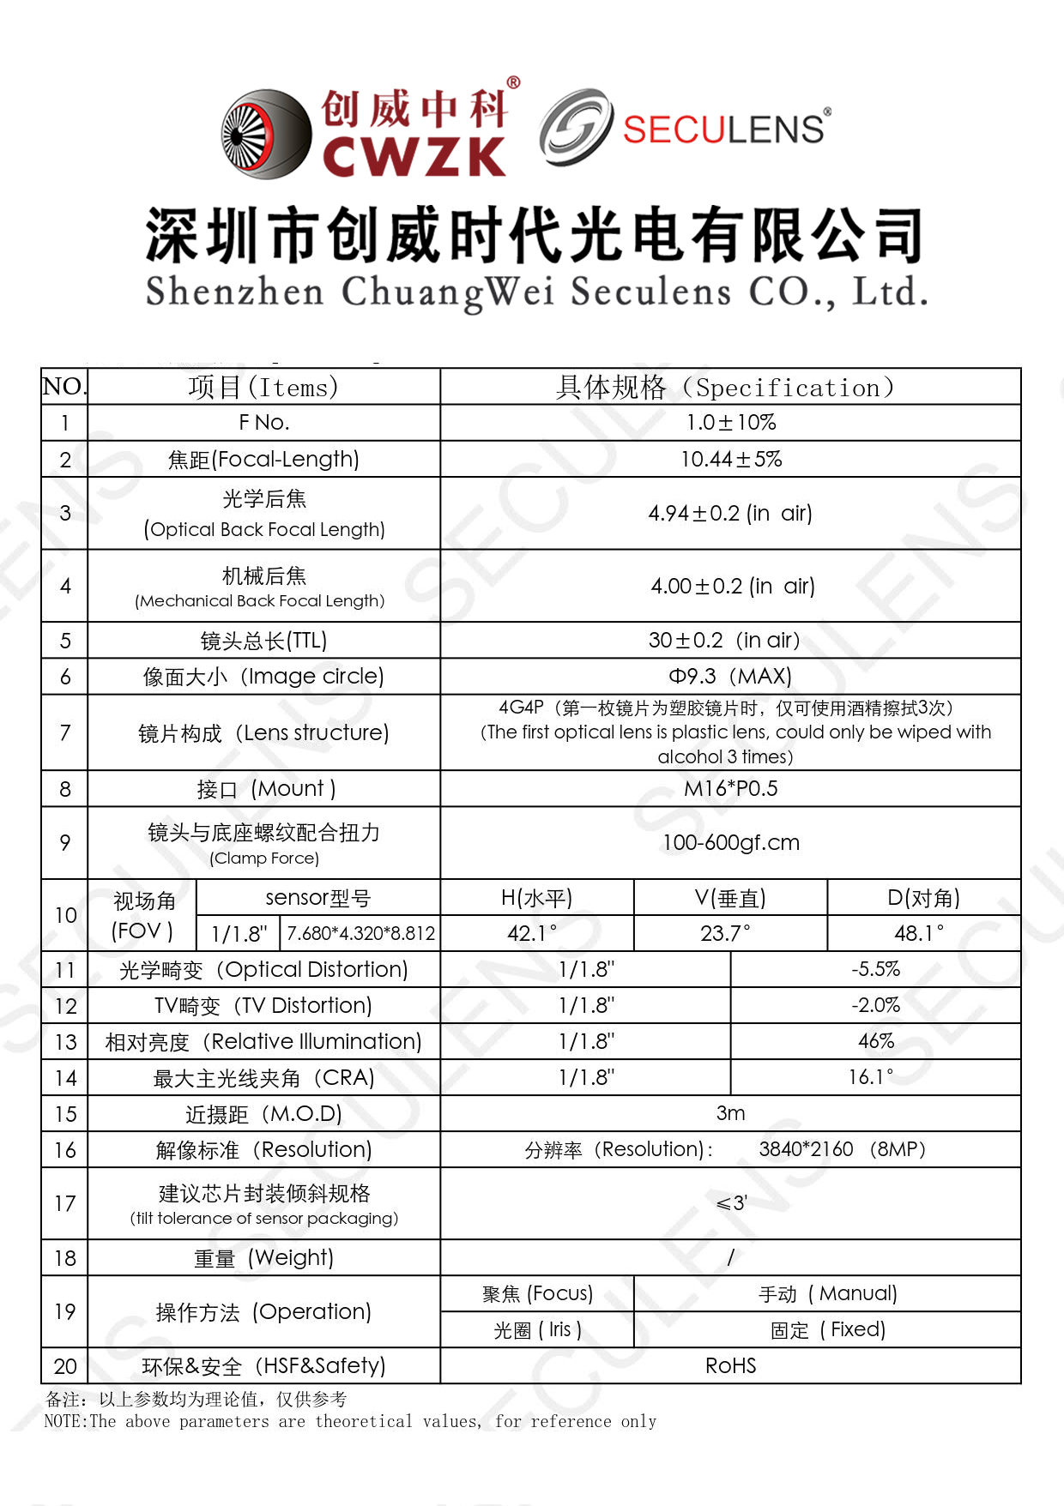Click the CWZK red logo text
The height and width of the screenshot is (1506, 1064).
click(414, 156)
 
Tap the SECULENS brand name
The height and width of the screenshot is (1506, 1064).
click(722, 130)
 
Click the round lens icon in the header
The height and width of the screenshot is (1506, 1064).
click(266, 134)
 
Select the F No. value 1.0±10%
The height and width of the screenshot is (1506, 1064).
click(731, 423)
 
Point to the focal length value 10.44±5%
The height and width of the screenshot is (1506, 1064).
click(731, 460)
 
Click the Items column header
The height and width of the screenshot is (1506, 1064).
click(263, 388)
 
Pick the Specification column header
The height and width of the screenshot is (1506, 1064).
click(725, 388)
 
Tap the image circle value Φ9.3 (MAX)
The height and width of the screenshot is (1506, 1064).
click(730, 677)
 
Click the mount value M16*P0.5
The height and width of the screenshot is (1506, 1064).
click(731, 789)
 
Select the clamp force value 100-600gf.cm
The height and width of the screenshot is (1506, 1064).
click(731, 843)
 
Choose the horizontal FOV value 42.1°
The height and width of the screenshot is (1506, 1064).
click(532, 933)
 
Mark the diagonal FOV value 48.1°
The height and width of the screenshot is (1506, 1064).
click(919, 933)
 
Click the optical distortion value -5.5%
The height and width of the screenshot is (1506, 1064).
click(876, 970)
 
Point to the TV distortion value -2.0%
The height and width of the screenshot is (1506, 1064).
click(876, 1006)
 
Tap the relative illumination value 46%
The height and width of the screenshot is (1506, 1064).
click(876, 1042)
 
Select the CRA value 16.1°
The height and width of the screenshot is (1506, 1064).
click(871, 1078)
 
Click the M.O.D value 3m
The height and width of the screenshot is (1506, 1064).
click(731, 1114)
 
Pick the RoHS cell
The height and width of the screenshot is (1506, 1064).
click(731, 1366)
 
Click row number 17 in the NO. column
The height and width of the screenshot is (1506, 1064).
click(65, 1204)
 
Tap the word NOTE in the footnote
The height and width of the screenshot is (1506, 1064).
click(65, 1422)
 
